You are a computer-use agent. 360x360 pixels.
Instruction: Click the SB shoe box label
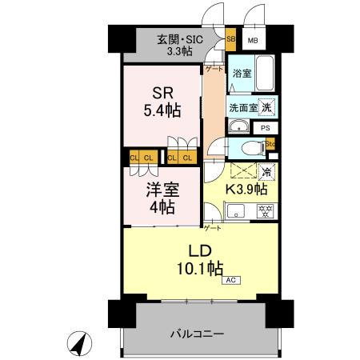230,38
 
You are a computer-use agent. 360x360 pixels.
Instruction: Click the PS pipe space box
265,127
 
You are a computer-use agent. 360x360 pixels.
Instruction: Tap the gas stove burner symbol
263,211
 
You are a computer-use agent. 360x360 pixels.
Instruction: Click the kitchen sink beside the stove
237,212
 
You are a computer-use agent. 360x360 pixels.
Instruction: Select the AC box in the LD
230,280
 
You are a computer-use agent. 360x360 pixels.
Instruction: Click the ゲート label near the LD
213,228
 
